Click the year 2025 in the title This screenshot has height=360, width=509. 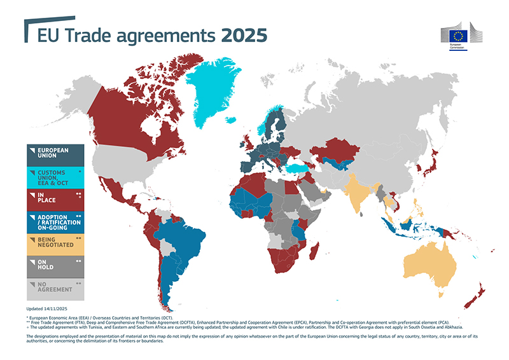tap(244, 34)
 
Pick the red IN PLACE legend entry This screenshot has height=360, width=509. tap(55, 200)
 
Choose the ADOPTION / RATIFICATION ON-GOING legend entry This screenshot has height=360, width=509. tap(55, 223)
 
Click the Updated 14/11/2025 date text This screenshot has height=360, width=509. tap(49, 308)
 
